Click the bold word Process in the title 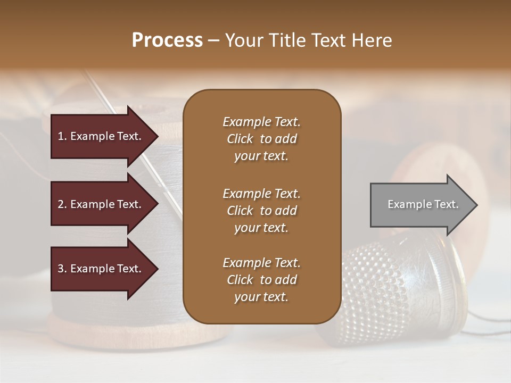pyautogui.click(x=167, y=40)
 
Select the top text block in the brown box pyautogui.click(x=261, y=139)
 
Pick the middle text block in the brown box pyautogui.click(x=261, y=211)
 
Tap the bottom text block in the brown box pyautogui.click(x=261, y=280)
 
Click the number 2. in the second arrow pyautogui.click(x=62, y=204)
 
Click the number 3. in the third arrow pyautogui.click(x=62, y=269)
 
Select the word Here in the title pyautogui.click(x=374, y=40)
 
